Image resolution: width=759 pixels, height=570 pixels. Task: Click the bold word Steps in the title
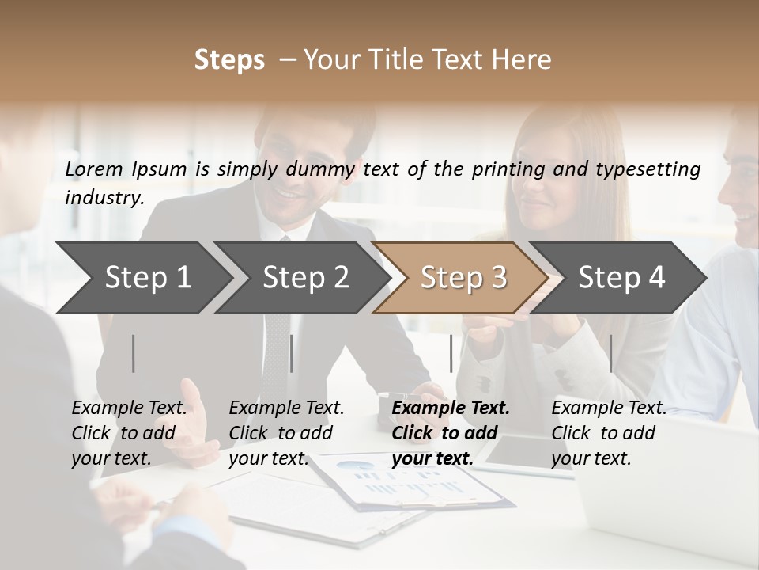coord(229,60)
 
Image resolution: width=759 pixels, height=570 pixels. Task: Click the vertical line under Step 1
coord(134,353)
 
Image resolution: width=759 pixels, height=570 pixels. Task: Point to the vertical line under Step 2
coord(292,353)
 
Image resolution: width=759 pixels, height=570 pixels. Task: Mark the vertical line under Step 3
coord(451,353)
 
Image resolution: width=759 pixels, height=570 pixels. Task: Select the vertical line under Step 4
coord(611,353)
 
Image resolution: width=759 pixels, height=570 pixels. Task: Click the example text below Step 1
coord(130,433)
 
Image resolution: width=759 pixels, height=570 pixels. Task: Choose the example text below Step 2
coord(287,433)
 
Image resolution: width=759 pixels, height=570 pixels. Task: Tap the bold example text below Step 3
coord(451,433)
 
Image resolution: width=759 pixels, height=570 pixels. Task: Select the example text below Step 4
coord(609,433)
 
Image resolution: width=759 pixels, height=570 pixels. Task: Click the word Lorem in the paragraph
coord(94,169)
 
